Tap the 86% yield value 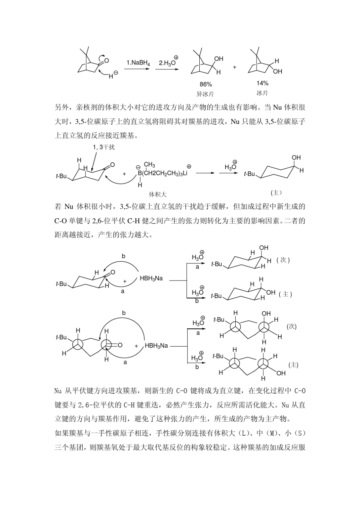pyautogui.click(x=206, y=84)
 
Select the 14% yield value pyautogui.click(x=262, y=83)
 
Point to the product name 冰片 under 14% pyautogui.click(x=262, y=93)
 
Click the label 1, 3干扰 pyautogui.click(x=103, y=147)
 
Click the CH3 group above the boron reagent pyautogui.click(x=149, y=165)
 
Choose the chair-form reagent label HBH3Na pyautogui.click(x=151, y=278)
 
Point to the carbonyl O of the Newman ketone pyautogui.click(x=120, y=345)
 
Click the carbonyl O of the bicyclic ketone pyautogui.click(x=106, y=60)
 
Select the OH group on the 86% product pyautogui.click(x=219, y=59)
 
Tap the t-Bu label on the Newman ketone pyautogui.click(x=61, y=337)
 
